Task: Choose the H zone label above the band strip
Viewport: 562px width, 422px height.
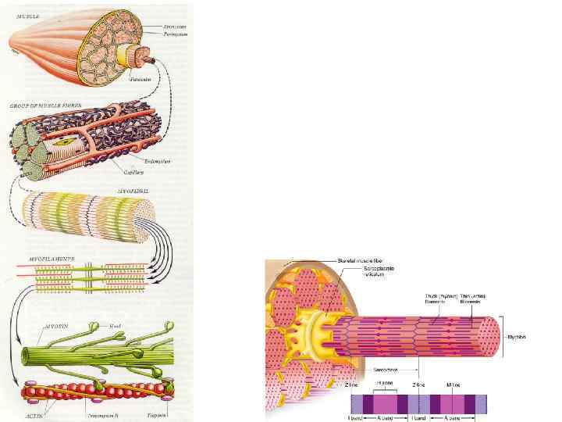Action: click(x=384, y=383)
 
